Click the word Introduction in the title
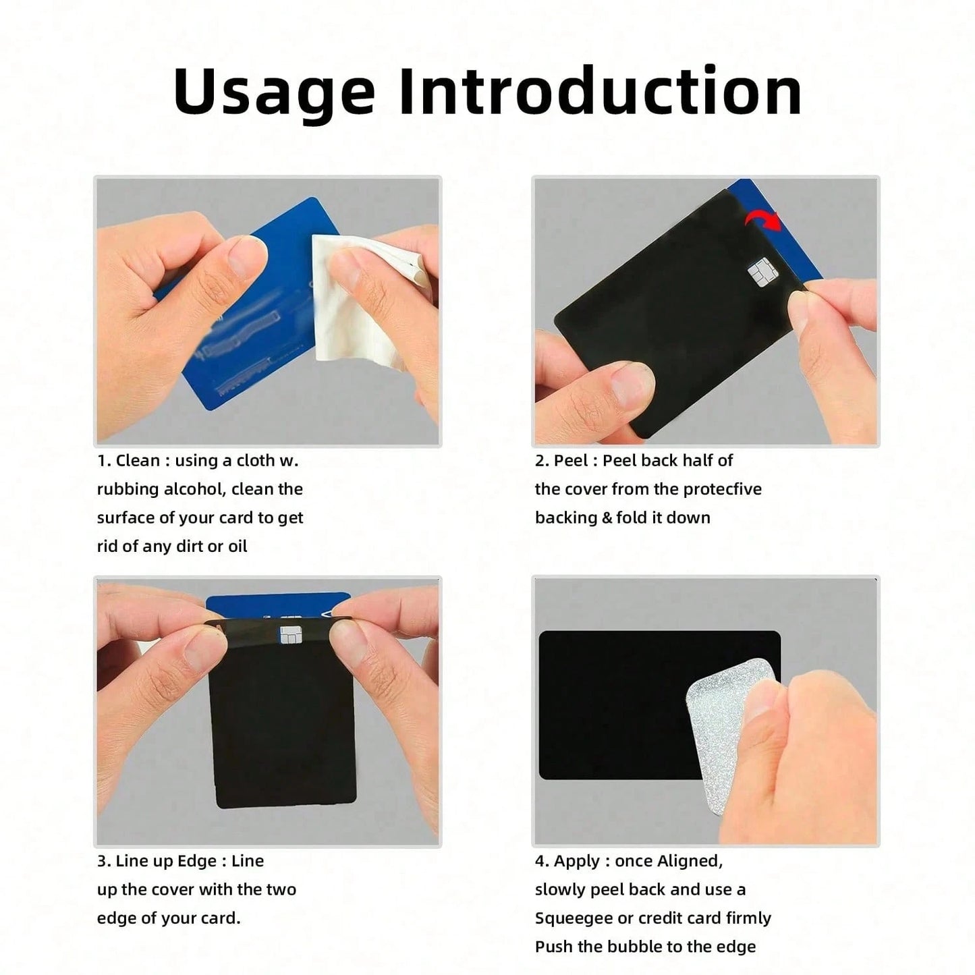600,91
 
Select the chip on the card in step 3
291,634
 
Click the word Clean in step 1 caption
138,460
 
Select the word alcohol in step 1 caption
193,489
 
